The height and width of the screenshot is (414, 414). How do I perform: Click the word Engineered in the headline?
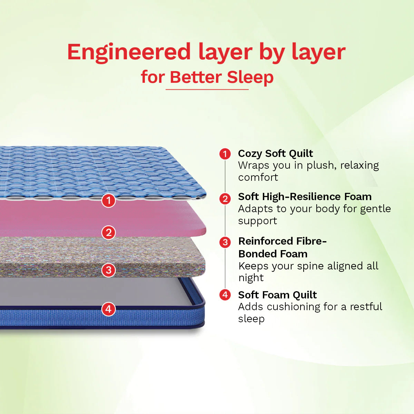[129, 52]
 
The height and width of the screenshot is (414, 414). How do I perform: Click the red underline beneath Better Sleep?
[207, 90]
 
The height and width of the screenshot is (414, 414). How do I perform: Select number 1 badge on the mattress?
[109, 200]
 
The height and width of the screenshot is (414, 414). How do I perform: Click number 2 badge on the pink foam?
[109, 233]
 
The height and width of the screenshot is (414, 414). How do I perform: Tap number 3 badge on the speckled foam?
[109, 270]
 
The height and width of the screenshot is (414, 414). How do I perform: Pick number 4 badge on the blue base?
[109, 309]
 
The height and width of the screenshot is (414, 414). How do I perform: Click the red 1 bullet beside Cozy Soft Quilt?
[225, 154]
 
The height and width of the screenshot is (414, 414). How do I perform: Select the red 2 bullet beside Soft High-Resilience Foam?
[225, 199]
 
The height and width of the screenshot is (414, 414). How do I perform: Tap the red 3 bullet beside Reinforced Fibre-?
[225, 242]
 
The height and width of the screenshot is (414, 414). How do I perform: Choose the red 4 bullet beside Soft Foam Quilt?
[225, 295]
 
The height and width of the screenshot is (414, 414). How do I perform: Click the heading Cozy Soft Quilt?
[275, 154]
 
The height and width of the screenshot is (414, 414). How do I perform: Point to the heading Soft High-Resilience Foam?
[305, 197]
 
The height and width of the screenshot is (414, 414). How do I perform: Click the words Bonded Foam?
[273, 254]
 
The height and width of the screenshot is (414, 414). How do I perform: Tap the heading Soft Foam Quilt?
[277, 295]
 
